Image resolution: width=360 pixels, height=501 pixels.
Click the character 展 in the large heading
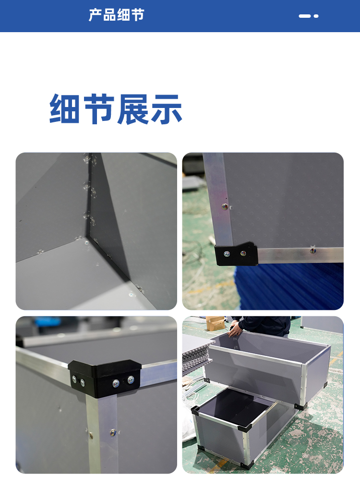(132, 109)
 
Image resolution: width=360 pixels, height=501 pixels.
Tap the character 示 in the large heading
(167, 109)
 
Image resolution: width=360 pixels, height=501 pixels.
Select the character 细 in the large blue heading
(65, 108)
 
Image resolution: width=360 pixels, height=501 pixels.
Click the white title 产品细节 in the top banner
(116, 15)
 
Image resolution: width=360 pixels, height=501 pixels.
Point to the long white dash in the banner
(305, 16)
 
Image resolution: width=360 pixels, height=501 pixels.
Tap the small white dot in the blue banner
(316, 16)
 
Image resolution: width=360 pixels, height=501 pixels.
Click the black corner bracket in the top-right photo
(236, 254)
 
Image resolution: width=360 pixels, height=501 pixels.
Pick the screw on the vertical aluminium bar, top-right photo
(225, 206)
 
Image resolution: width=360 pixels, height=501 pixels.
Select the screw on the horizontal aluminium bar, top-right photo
(312, 251)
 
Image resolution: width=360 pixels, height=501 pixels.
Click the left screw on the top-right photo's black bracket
(227, 254)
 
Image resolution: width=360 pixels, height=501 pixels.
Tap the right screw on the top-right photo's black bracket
(243, 254)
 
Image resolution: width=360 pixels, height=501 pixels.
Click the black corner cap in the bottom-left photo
(105, 378)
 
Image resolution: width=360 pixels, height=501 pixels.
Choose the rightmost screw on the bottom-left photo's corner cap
(131, 380)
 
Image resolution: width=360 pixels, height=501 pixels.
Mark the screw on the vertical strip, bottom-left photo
(113, 433)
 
